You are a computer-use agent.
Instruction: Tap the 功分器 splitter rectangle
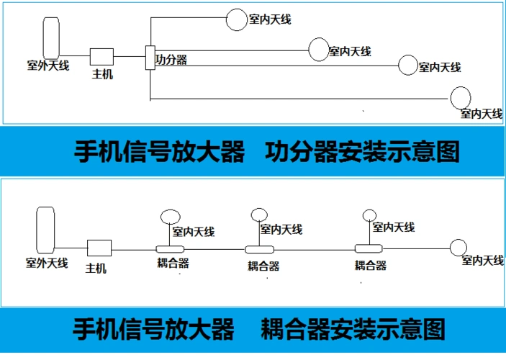pos(150,58)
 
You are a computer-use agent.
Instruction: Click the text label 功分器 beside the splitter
pos(171,60)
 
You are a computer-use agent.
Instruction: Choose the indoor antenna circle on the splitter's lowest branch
pos(460,96)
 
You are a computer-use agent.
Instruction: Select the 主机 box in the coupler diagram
pos(99,248)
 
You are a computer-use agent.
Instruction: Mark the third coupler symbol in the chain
pos(370,248)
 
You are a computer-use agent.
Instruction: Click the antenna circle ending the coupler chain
pos(458,248)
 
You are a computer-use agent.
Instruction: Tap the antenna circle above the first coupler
pos(171,216)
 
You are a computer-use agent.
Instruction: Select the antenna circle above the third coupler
pos(369,214)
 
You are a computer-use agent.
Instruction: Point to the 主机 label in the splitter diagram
pos(102,74)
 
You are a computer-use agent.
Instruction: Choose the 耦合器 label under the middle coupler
pos(263,266)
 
